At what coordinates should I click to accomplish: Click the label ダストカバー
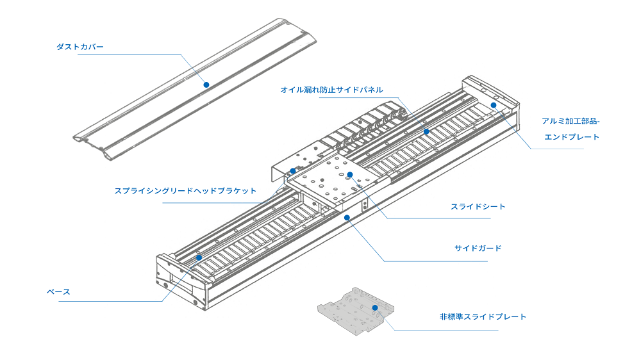click(x=80, y=47)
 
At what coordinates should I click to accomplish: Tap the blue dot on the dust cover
click(x=206, y=85)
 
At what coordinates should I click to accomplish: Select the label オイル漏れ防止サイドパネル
click(x=331, y=90)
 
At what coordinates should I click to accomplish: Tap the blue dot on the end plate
click(x=494, y=105)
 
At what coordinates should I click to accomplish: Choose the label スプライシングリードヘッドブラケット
click(x=185, y=191)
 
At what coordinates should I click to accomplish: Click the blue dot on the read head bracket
click(x=292, y=171)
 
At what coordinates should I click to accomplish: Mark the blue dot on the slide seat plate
click(x=350, y=174)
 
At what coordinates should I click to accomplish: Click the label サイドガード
click(x=478, y=248)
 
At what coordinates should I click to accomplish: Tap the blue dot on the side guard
click(x=347, y=217)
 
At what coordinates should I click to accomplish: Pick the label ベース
click(x=58, y=292)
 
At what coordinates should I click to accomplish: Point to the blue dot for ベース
click(x=199, y=258)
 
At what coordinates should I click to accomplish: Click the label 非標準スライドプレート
click(x=483, y=317)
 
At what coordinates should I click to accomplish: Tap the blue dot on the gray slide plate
click(x=375, y=307)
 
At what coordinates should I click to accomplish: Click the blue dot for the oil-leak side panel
click(x=426, y=131)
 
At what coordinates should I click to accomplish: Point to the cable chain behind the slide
click(x=365, y=128)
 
